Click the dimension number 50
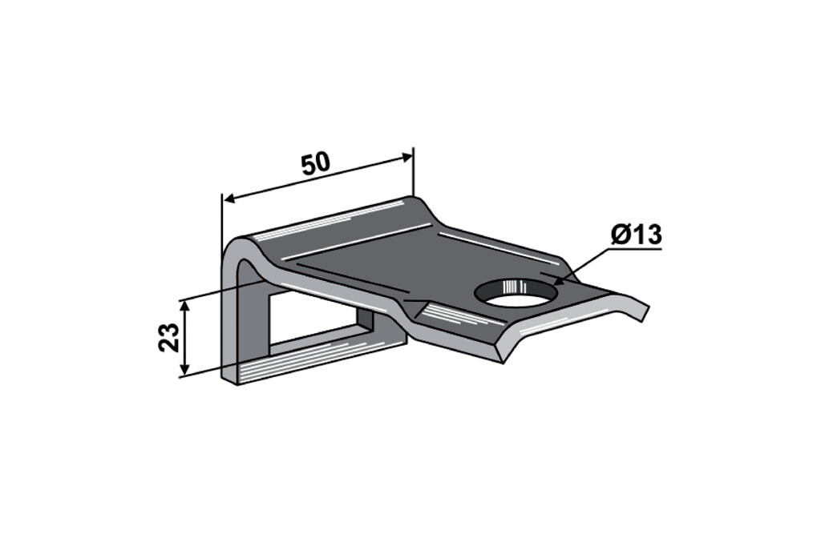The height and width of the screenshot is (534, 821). (x=316, y=163)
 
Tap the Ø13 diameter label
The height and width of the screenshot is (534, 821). (x=636, y=235)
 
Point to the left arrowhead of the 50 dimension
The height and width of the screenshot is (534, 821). (x=229, y=199)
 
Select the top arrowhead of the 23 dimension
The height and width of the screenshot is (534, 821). (x=184, y=307)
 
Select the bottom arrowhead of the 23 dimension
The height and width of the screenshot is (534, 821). (x=184, y=369)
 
